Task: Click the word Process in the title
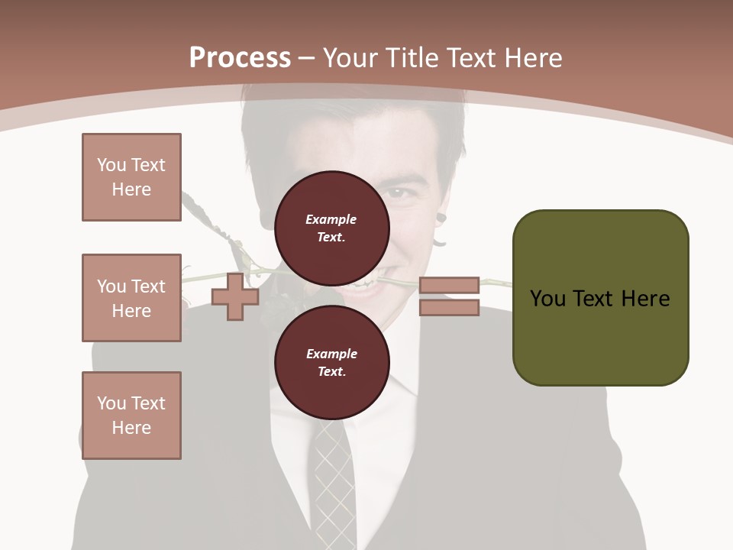coord(240,58)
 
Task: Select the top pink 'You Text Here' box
coord(131,177)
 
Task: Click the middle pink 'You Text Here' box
coord(131,298)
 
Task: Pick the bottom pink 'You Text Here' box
coord(131,416)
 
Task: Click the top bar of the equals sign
coord(449,286)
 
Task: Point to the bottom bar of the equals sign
coord(449,308)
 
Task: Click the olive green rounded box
coord(600,336)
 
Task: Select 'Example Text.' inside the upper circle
coord(331,228)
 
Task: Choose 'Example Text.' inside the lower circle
coord(331,363)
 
